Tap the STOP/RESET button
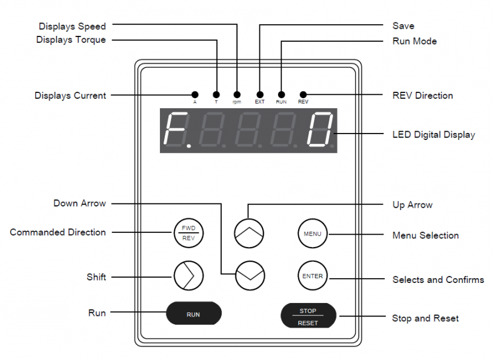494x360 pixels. [x=308, y=316]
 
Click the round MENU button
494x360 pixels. [x=312, y=234]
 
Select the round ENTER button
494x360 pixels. [x=312, y=276]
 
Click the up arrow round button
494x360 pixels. [x=249, y=232]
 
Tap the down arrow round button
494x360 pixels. [x=249, y=275]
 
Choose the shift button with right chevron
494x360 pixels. [x=188, y=275]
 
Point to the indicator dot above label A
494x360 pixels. [x=195, y=95]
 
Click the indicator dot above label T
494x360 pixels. [x=216, y=95]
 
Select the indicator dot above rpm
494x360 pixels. [x=236, y=95]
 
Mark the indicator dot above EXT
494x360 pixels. [x=259, y=95]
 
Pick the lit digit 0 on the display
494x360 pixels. [x=321, y=129]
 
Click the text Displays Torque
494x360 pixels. [x=71, y=40]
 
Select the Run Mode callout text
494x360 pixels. [x=415, y=41]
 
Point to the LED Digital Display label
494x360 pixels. [x=433, y=135]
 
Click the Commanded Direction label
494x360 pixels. [x=58, y=232]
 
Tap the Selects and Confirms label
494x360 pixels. [x=438, y=279]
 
